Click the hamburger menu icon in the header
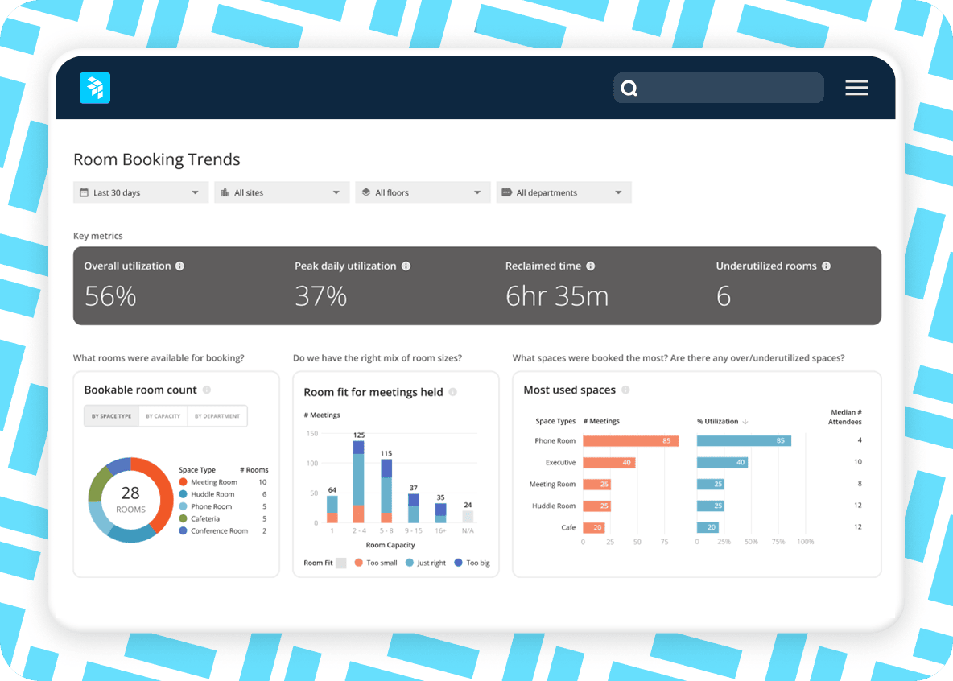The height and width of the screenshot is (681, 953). point(856,88)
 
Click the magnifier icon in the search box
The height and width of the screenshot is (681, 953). point(629,89)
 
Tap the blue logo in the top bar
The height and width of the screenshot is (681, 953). point(95,88)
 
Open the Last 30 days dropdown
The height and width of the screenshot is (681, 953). point(141,192)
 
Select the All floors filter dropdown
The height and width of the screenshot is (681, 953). point(423,192)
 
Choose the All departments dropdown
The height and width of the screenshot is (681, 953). point(563,192)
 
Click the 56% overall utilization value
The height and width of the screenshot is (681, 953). point(110,296)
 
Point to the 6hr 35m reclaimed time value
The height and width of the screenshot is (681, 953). point(556,296)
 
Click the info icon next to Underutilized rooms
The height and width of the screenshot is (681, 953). point(826,266)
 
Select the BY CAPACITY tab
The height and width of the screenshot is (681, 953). point(163,416)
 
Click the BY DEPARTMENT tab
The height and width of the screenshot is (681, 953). point(217,416)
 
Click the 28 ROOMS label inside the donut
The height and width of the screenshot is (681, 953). point(130,499)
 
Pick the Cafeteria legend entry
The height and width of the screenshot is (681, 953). point(204,518)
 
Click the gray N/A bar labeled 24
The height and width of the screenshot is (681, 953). point(468,516)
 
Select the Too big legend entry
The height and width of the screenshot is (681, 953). point(472,563)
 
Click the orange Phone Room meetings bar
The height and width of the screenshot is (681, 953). point(630,441)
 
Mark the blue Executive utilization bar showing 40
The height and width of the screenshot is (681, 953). point(722,463)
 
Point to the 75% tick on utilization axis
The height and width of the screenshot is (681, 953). point(778,542)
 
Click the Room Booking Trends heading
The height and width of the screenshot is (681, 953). point(157,159)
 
